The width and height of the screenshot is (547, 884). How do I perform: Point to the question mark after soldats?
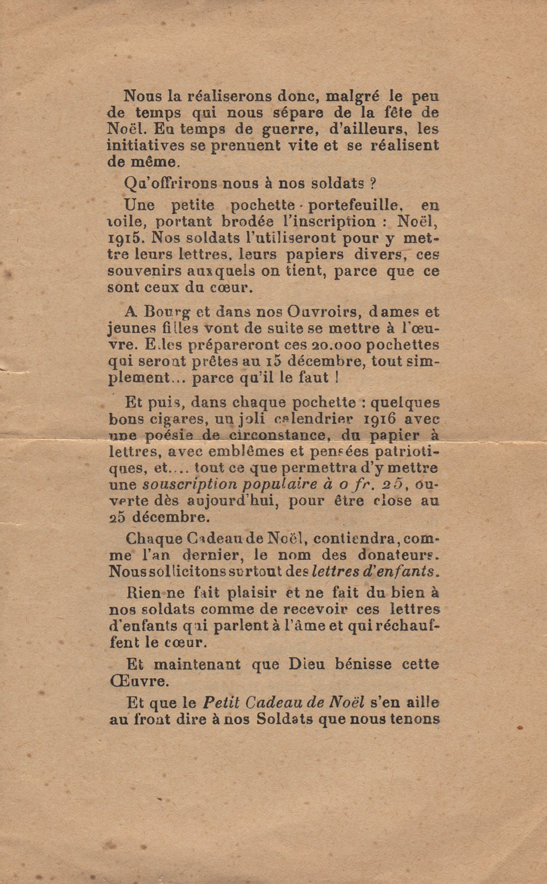click(x=373, y=183)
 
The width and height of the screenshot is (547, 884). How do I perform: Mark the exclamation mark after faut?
click(x=337, y=378)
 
